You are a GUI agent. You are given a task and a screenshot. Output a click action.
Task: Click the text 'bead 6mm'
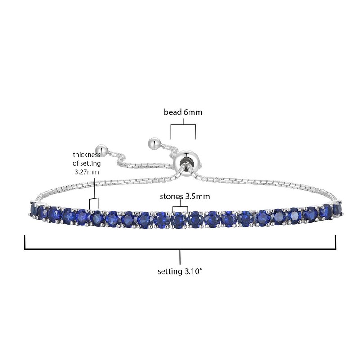[x=183, y=112]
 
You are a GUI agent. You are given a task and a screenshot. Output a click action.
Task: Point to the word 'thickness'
[x=87, y=155]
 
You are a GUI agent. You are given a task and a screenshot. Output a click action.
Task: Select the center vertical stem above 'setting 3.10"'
[x=180, y=257]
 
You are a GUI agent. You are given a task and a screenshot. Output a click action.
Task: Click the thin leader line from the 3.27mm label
[x=94, y=187]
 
